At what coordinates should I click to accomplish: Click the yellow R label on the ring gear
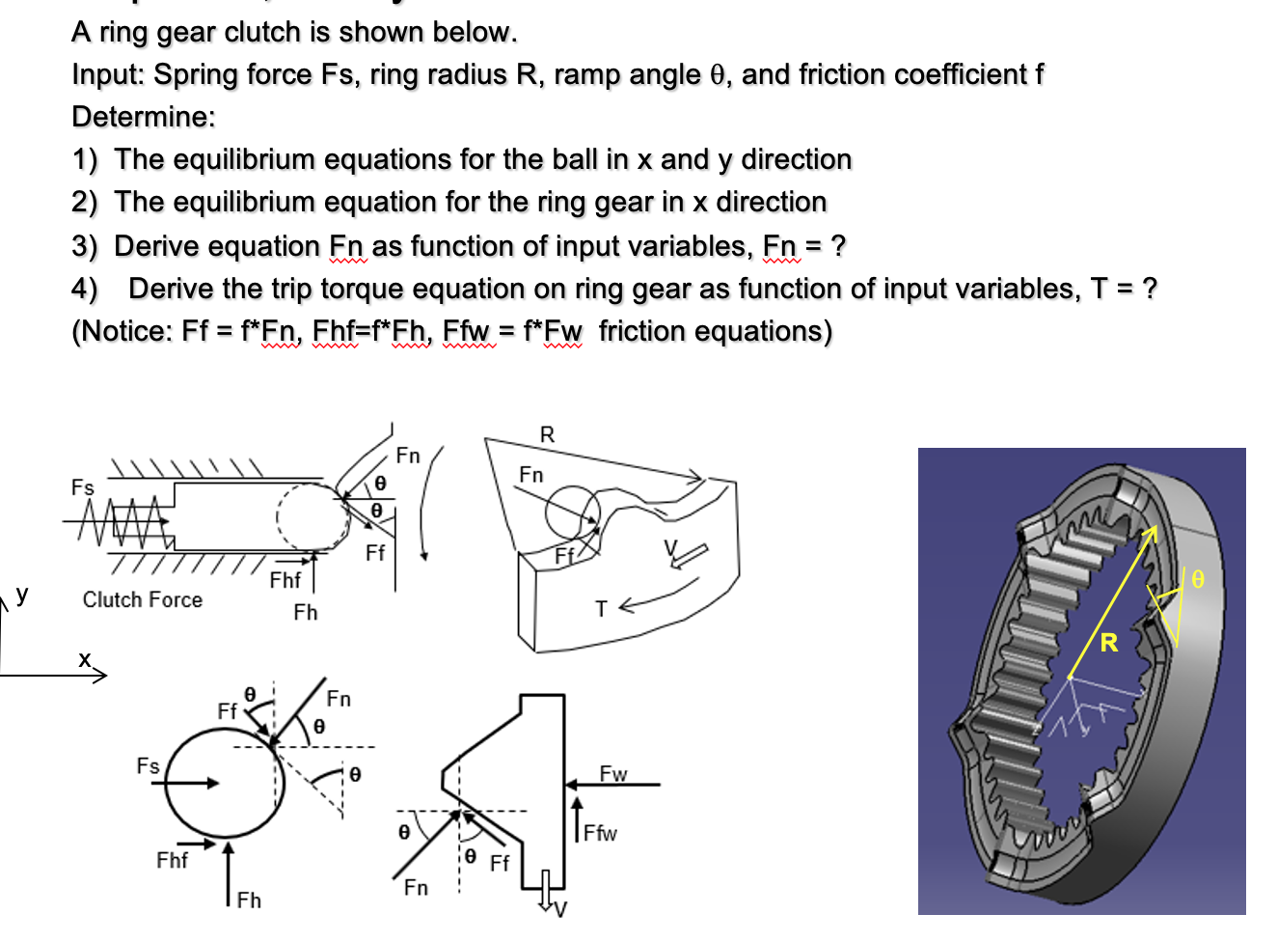[1108, 642]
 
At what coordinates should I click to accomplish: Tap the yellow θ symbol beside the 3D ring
[1197, 579]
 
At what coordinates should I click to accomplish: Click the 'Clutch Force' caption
[143, 599]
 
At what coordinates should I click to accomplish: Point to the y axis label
[22, 593]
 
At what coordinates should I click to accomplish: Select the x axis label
[85, 659]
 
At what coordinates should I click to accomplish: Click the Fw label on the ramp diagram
[612, 773]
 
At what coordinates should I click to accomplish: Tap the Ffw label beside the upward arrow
[600, 833]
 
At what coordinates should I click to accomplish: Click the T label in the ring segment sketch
[601, 609]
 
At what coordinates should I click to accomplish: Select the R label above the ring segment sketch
[547, 434]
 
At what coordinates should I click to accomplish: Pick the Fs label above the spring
[83, 487]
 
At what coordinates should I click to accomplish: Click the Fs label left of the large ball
[148, 765]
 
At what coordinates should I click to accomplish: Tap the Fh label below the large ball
[249, 900]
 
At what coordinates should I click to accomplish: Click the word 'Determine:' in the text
[144, 117]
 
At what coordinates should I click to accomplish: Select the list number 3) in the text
[85, 246]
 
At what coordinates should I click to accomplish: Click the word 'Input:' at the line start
[108, 74]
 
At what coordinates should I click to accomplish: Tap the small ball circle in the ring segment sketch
[572, 512]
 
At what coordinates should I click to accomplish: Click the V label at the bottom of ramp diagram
[560, 909]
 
